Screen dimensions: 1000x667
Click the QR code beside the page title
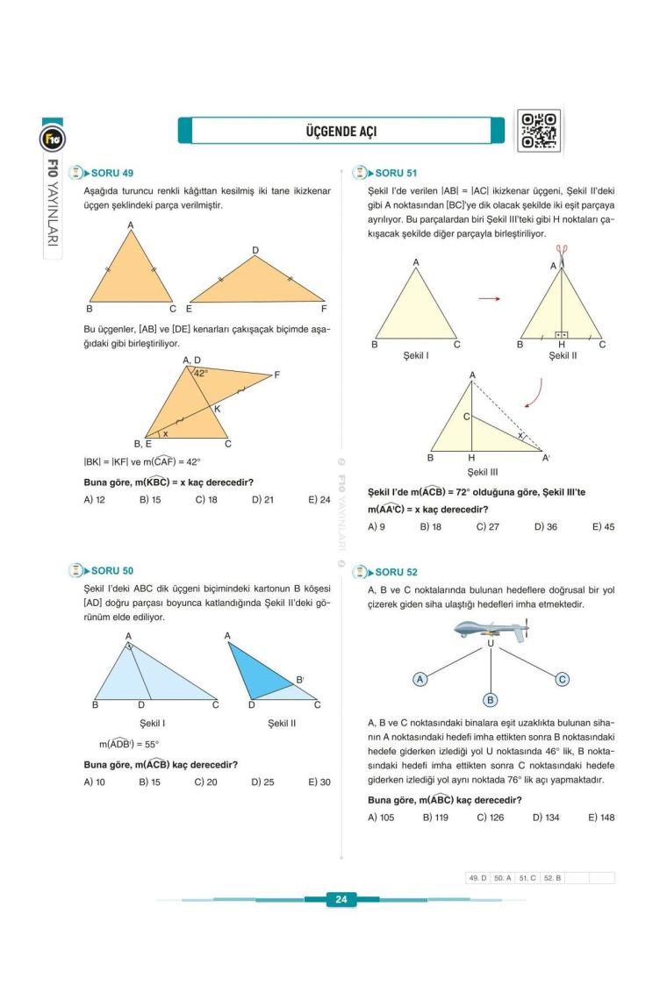pos(538,132)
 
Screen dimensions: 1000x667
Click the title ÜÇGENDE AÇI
pos(341,132)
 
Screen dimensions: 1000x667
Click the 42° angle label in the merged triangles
pos(200,373)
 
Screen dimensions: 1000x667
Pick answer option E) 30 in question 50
pos(319,782)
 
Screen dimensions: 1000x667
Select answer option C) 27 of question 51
pos(487,526)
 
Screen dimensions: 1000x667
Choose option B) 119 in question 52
pos(436,817)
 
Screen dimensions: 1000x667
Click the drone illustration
pos(490,630)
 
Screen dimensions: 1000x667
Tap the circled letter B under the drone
pos(491,699)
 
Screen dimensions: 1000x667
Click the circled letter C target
pos(563,678)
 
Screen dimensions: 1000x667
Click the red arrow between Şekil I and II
pos(489,299)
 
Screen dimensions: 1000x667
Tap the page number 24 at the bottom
pos(341,899)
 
